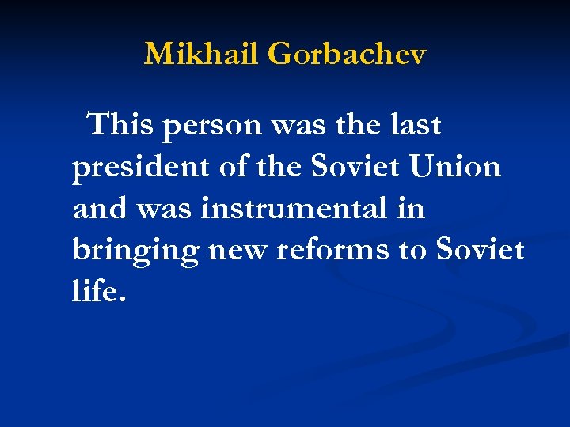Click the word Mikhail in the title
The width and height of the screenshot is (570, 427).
(202, 54)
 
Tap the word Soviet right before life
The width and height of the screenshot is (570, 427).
(479, 250)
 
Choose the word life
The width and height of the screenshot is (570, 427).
(94, 291)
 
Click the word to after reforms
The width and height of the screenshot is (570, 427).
(412, 251)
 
